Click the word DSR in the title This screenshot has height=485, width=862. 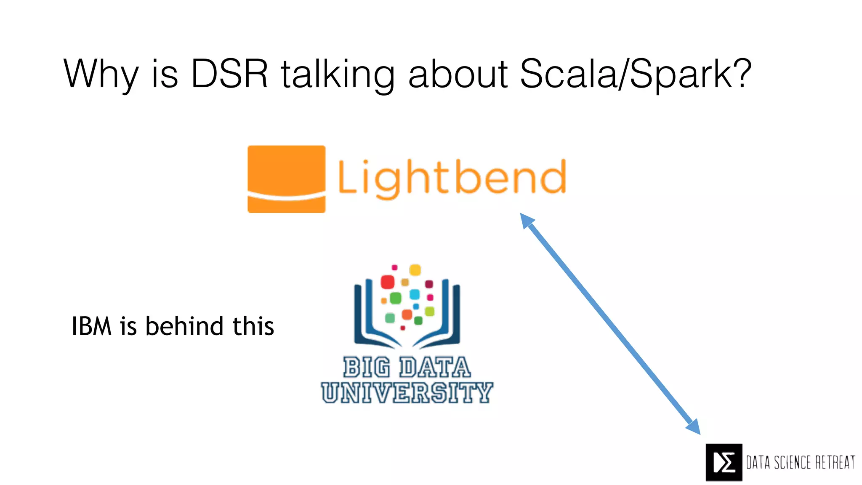(229, 74)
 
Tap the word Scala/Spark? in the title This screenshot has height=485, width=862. (636, 74)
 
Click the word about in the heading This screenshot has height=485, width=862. (458, 74)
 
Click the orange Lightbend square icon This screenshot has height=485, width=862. (286, 179)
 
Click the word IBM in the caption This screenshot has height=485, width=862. (91, 326)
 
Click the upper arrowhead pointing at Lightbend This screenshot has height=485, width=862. (527, 220)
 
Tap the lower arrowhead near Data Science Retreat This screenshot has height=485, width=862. (693, 426)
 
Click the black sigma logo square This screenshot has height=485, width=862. (724, 462)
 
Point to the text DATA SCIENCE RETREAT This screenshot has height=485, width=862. (801, 462)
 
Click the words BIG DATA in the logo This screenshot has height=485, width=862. (407, 367)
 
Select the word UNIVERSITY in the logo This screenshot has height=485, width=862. (407, 392)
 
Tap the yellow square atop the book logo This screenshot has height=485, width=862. (415, 270)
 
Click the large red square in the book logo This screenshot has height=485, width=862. (387, 282)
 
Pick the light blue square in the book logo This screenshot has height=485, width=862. (415, 294)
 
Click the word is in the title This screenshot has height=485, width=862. (165, 74)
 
